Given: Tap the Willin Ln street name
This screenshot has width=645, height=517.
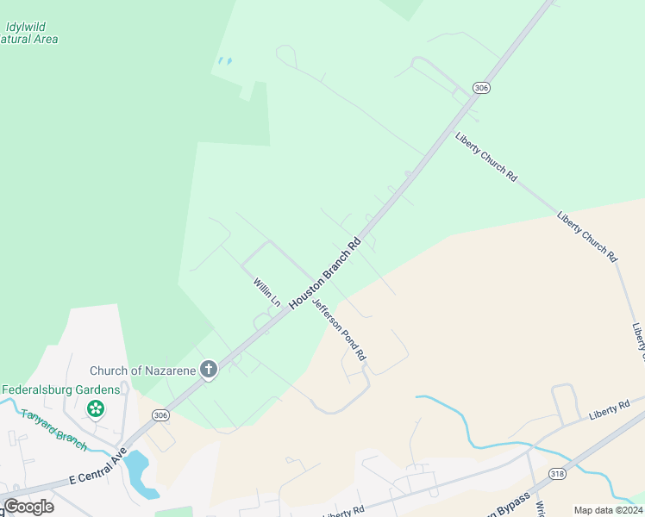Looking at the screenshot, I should pos(266,292).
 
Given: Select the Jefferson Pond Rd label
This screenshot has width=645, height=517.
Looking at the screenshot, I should pos(339,329).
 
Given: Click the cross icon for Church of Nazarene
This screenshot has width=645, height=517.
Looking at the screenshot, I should pos(208,371).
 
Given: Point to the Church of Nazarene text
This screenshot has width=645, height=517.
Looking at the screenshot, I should pos(144,371).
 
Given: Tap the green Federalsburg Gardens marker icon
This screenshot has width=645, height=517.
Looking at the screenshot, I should pos(96,407).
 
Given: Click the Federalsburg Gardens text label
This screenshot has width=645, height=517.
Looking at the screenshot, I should pos(60,389).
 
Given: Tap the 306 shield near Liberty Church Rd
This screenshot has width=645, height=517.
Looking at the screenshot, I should pos(481,88).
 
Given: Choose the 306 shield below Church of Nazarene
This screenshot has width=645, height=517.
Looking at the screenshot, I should pos(160,415).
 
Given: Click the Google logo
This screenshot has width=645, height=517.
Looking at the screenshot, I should pos(29,507).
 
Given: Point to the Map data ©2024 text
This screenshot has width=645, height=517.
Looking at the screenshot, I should pos(608,510).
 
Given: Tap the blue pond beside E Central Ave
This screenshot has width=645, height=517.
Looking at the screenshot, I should pos(140,475).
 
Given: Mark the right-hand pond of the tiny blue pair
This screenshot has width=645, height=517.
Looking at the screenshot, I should pos(229,61).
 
